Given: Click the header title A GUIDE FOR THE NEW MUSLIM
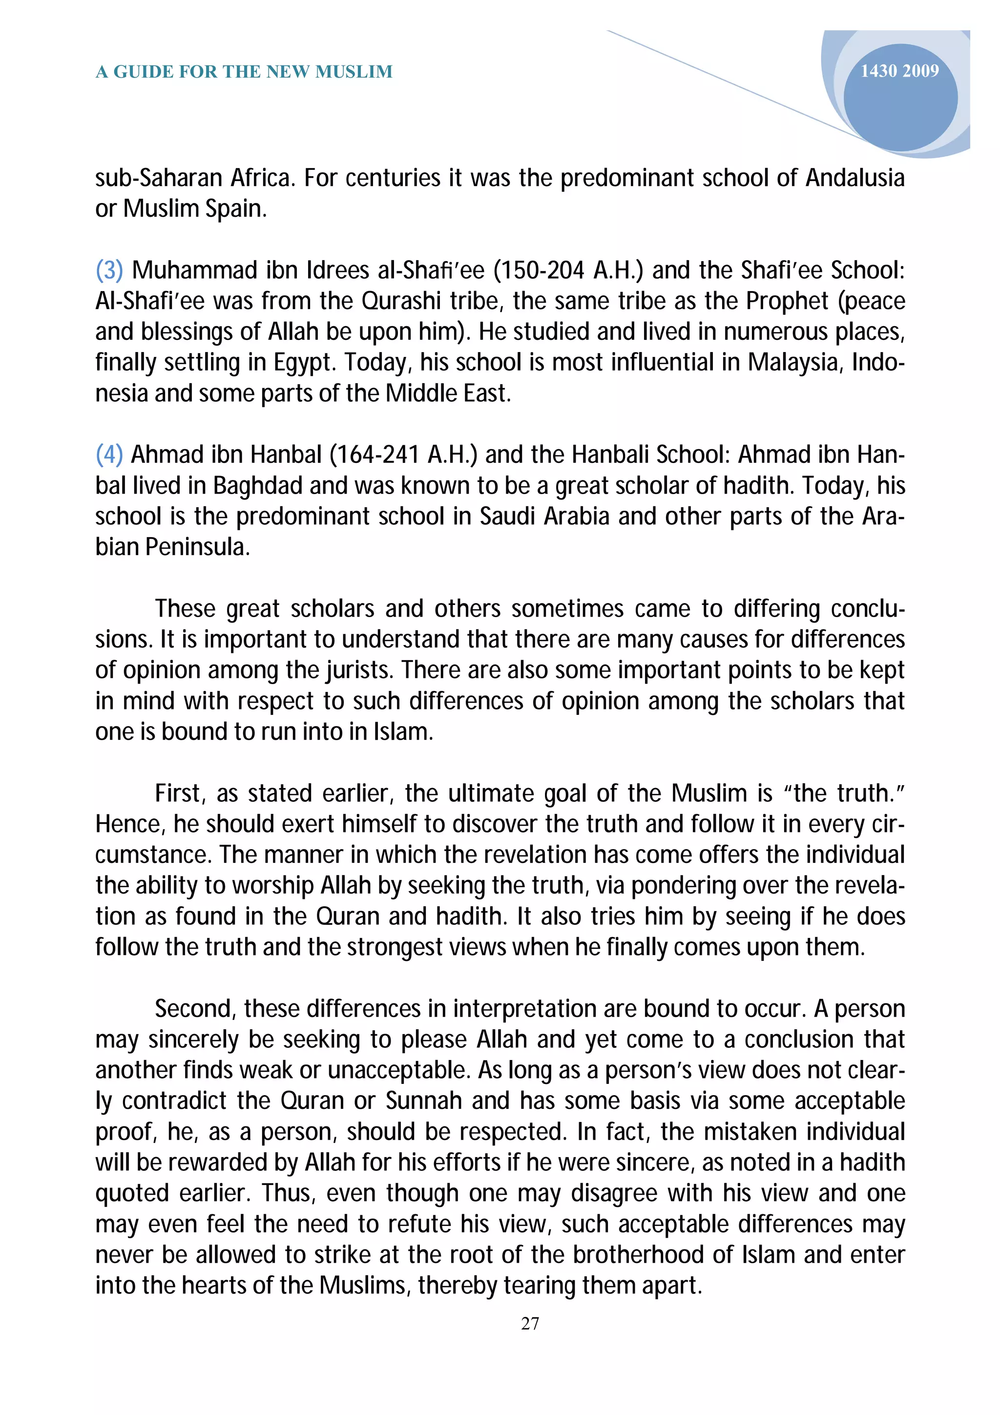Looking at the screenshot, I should [x=244, y=72].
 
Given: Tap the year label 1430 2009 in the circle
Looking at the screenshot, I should [x=899, y=71].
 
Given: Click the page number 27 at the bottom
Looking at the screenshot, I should [x=530, y=1323].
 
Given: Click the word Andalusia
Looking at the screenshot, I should [x=854, y=178].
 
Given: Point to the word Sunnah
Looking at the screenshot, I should [x=424, y=1102].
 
